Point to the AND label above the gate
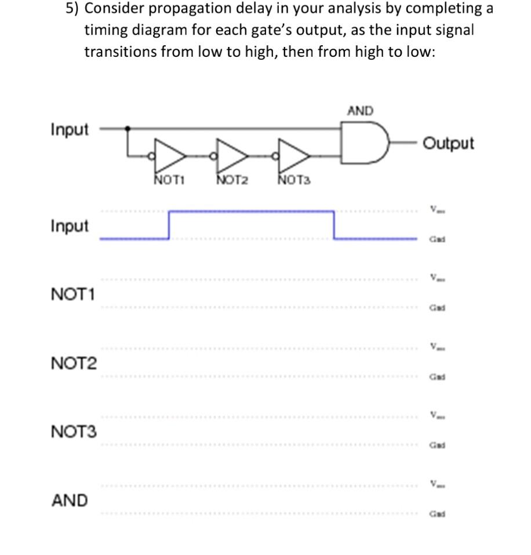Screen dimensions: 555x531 click(360, 110)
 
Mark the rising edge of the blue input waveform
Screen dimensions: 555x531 click(169, 225)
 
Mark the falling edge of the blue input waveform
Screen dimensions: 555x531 click(334, 225)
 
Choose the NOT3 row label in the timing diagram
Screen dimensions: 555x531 click(74, 432)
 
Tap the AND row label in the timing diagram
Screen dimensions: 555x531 click(70, 500)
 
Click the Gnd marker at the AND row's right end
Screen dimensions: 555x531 click(437, 514)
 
